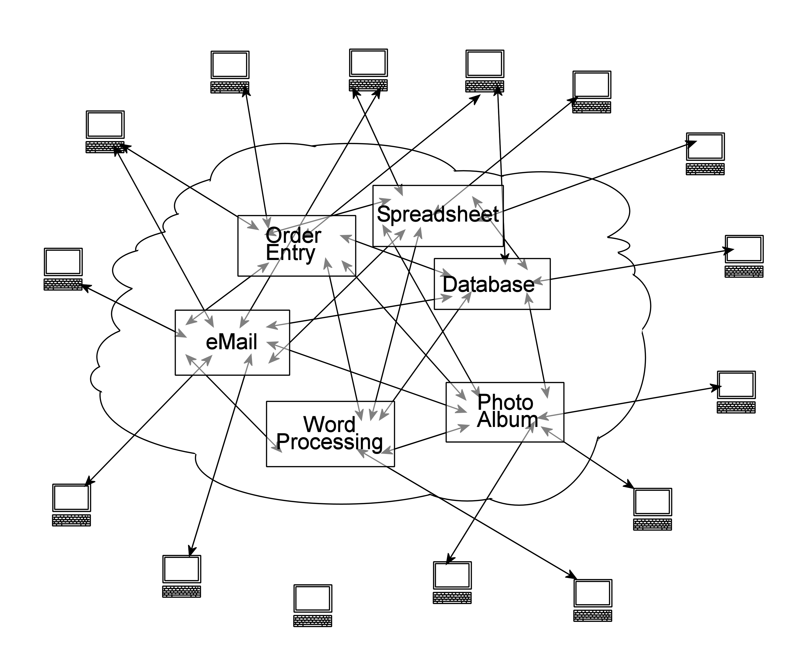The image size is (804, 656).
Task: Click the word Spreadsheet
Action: click(x=437, y=214)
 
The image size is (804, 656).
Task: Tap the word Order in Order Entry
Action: click(x=293, y=236)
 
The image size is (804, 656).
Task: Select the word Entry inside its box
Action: click(x=290, y=253)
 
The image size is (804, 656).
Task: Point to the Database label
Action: click(x=488, y=285)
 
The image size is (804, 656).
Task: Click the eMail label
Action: click(x=231, y=342)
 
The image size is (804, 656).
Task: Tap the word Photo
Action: click(x=505, y=402)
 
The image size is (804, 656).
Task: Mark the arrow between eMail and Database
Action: click(x=359, y=311)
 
